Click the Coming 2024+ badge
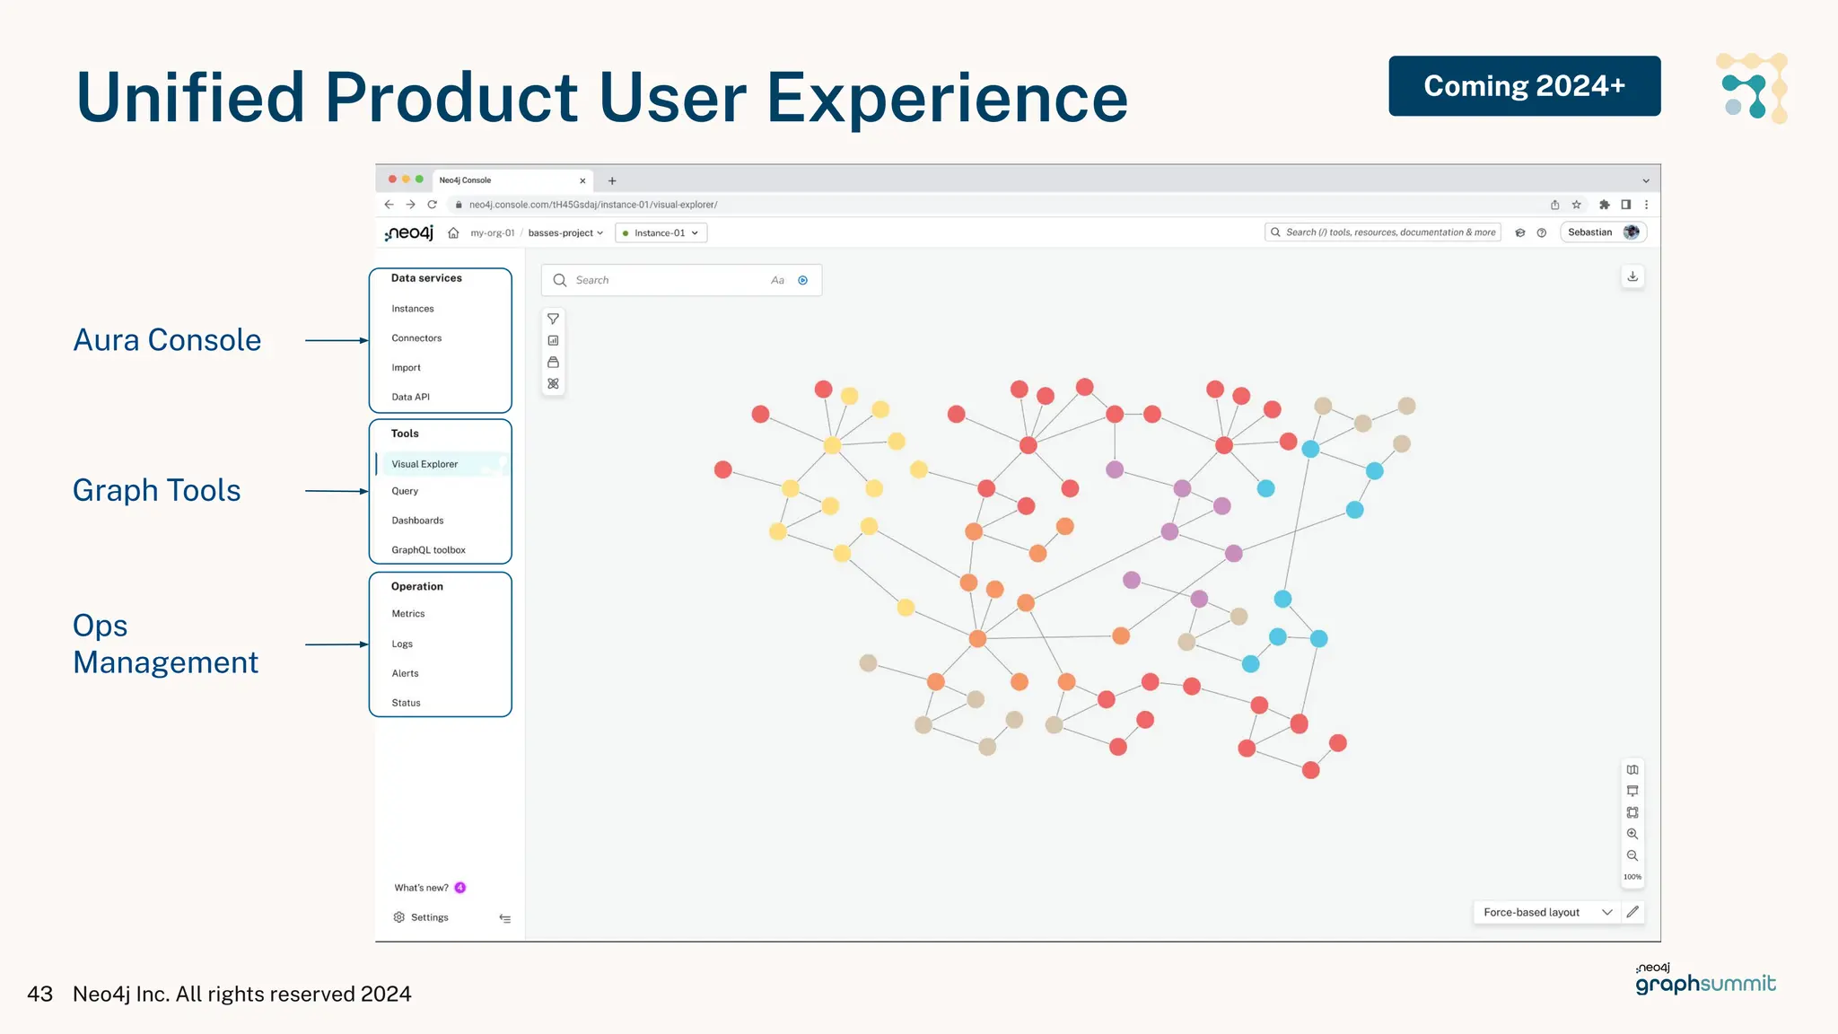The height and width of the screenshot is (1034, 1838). click(x=1524, y=86)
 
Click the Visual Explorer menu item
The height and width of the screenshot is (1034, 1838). click(x=424, y=464)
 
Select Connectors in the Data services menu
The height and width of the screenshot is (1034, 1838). click(x=416, y=338)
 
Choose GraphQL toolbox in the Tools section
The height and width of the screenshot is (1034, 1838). click(x=428, y=550)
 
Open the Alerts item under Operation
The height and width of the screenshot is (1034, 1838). click(x=405, y=673)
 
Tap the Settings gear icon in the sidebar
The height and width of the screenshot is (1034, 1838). click(x=399, y=917)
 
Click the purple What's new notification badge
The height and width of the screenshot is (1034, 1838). click(x=460, y=888)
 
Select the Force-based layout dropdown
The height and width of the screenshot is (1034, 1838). click(x=1546, y=912)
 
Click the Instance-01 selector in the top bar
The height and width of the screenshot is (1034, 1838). click(x=661, y=233)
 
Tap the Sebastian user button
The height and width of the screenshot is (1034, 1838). click(x=1602, y=232)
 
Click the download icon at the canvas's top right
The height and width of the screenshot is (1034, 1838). click(x=1632, y=276)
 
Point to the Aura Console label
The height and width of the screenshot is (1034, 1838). click(x=167, y=340)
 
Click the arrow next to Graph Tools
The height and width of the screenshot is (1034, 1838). click(x=337, y=491)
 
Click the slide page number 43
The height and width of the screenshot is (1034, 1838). click(x=40, y=994)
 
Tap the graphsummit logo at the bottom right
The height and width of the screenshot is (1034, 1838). click(x=1705, y=980)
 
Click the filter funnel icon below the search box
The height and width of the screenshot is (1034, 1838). click(x=553, y=319)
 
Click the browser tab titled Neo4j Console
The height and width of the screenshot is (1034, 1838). click(x=507, y=180)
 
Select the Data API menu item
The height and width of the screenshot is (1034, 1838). click(x=410, y=397)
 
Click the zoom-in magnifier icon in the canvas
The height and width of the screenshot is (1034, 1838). click(x=1632, y=834)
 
